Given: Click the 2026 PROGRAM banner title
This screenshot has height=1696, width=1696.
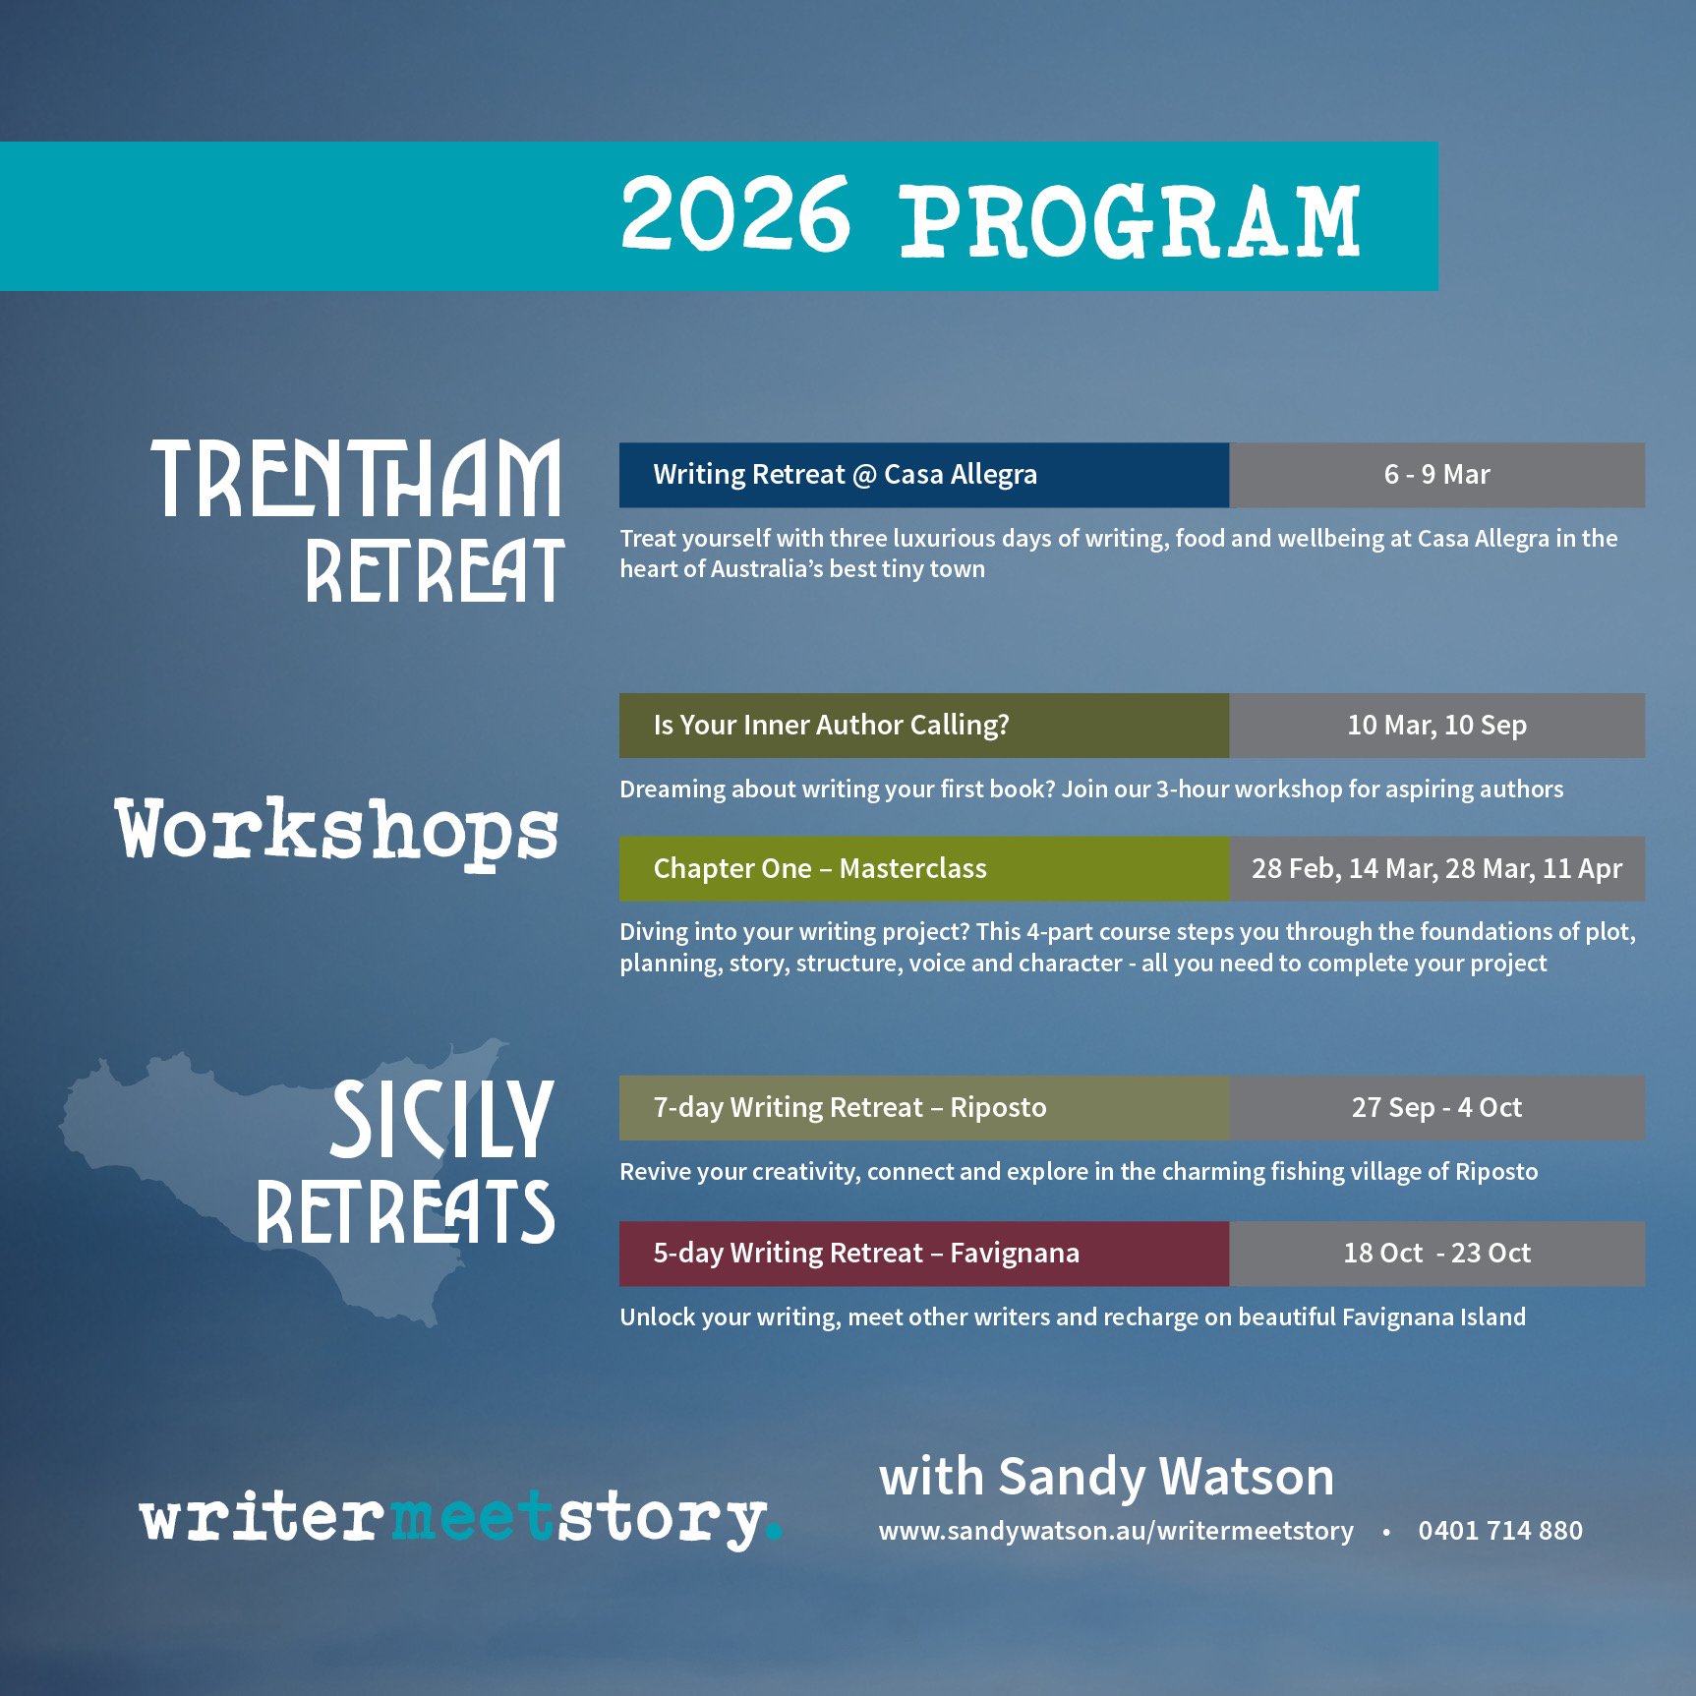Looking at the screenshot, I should click(x=990, y=217).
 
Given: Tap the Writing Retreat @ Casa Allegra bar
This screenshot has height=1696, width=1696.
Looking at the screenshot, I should click(x=923, y=475).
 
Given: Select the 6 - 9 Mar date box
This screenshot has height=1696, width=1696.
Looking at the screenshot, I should click(x=1436, y=475).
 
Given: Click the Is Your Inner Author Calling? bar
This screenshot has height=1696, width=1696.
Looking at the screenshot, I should click(x=923, y=726).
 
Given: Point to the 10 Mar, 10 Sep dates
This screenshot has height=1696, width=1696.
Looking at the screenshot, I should click(x=1436, y=726).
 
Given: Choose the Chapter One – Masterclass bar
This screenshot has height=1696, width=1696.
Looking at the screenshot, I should click(x=923, y=869).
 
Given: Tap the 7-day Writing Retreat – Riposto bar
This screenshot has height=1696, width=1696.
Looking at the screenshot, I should click(x=923, y=1108).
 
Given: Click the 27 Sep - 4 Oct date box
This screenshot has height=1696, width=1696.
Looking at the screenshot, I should click(x=1436, y=1108).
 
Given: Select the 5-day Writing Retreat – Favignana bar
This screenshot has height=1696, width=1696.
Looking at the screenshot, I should click(x=923, y=1254).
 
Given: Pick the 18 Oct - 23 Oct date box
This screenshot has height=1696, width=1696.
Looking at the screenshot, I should click(x=1436, y=1254).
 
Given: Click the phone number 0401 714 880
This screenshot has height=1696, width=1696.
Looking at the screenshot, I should click(x=1500, y=1531).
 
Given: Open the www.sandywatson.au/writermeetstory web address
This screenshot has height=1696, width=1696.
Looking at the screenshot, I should click(x=1116, y=1532).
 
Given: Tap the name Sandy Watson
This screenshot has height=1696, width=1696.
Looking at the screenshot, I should click(x=1166, y=1477).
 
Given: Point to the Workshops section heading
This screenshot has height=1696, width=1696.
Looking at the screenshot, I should click(x=337, y=832).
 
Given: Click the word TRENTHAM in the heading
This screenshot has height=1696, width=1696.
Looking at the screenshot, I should click(x=356, y=479).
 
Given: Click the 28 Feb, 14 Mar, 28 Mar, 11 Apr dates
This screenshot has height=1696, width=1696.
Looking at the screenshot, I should click(x=1436, y=869).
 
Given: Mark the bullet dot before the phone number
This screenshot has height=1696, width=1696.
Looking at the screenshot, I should click(x=1386, y=1533).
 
